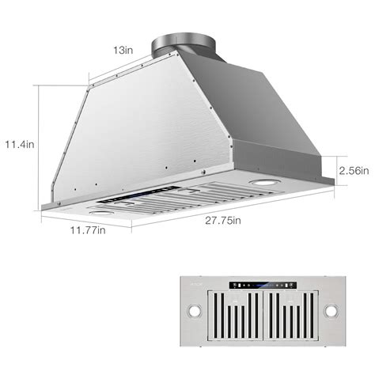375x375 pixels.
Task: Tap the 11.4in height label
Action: pos(20,144)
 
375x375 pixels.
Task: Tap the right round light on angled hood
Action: pos(259,184)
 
